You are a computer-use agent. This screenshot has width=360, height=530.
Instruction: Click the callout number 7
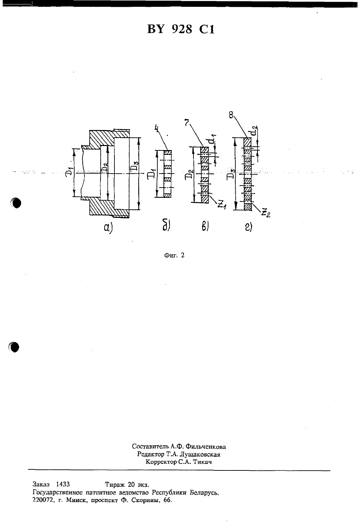[x=187, y=123]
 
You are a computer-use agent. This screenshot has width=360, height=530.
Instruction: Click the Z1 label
[x=222, y=204]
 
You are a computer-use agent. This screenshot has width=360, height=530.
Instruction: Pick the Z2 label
[x=266, y=213]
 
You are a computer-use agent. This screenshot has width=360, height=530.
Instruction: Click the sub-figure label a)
[x=108, y=228]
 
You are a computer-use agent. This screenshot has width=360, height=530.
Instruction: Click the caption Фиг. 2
[x=174, y=255]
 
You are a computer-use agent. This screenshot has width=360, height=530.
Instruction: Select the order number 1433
[x=63, y=484]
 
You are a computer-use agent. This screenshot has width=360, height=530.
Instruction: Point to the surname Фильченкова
[x=206, y=447]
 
